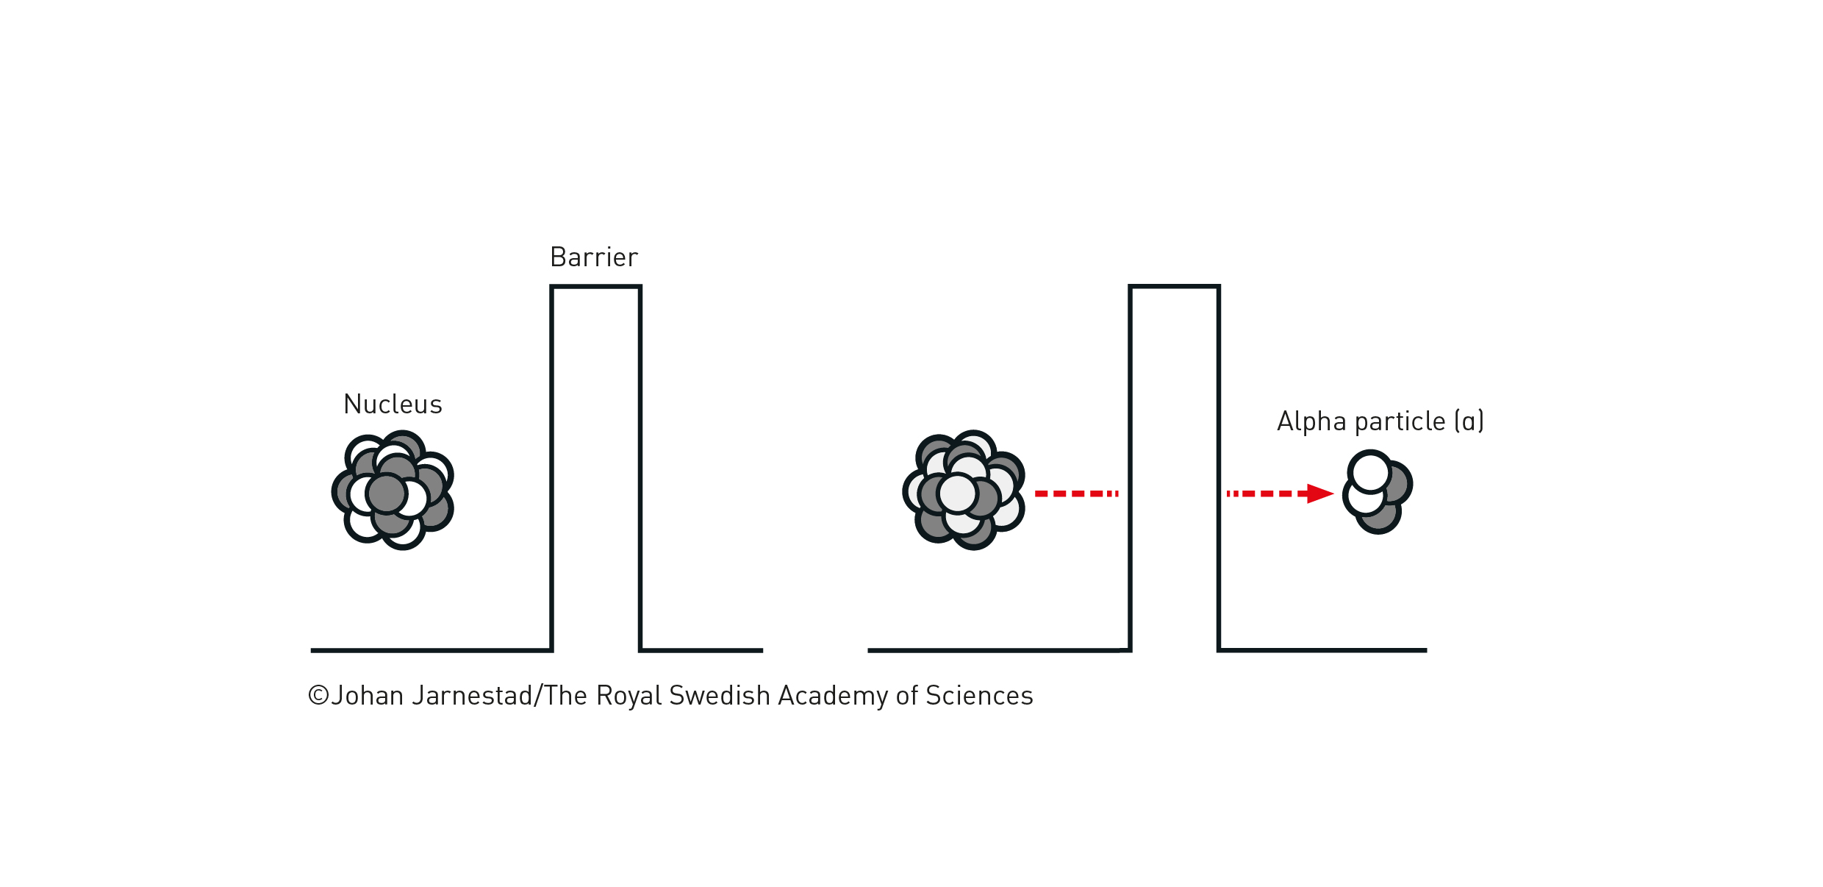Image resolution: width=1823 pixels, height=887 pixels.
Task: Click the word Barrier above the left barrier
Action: [594, 257]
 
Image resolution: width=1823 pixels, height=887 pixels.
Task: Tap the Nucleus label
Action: [393, 405]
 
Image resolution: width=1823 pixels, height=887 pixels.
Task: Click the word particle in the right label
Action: [1400, 422]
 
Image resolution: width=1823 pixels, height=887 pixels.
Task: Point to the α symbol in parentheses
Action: [1469, 421]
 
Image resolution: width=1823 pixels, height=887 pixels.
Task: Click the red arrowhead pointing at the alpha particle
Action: [1320, 494]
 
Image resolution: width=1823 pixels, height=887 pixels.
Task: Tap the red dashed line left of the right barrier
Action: [1076, 494]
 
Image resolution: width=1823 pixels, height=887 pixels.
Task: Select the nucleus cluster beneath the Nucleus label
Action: [393, 491]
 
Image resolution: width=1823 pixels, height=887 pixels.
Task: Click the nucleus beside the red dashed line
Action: [963, 491]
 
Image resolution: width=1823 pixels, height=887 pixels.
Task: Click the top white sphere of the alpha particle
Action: [1370, 472]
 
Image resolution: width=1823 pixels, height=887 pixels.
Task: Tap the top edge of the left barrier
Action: [595, 287]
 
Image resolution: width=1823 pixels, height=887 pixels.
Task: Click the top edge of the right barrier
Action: [1174, 286]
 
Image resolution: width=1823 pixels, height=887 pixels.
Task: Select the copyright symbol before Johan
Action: [318, 695]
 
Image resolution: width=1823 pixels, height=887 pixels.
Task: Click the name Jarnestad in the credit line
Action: [472, 696]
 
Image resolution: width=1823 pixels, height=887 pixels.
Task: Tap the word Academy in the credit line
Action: [833, 696]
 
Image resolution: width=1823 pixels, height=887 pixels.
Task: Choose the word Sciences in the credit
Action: [979, 696]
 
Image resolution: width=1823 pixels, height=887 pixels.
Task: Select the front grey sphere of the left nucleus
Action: [387, 493]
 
